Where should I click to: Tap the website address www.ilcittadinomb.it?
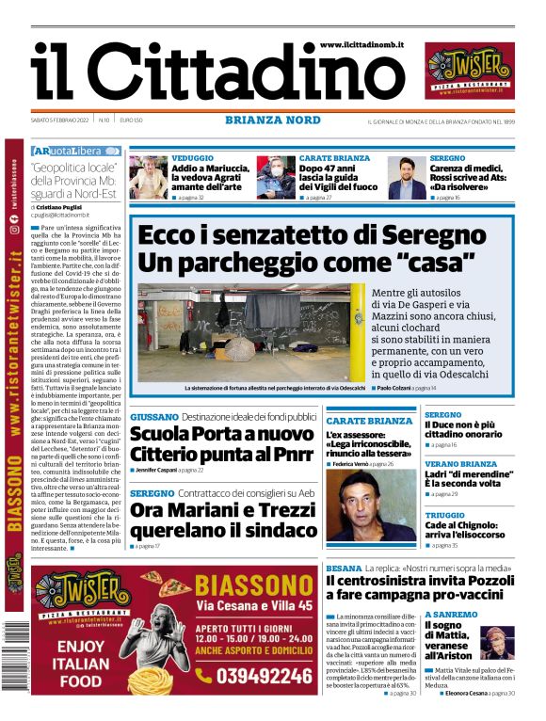(361, 44)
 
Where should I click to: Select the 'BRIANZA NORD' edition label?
(273, 120)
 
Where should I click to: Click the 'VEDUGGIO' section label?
(192, 158)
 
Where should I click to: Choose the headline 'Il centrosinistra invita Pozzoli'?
(420, 582)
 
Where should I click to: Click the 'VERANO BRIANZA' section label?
(460, 464)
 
